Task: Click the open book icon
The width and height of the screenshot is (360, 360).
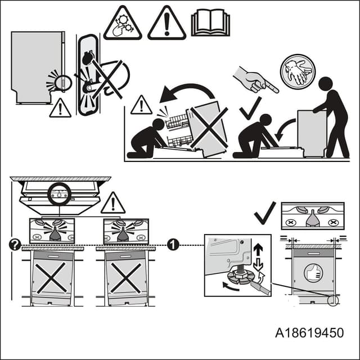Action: click(x=210, y=24)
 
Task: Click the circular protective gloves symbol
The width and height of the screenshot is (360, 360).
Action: click(x=298, y=71)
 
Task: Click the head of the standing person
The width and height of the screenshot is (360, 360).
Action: click(x=326, y=85)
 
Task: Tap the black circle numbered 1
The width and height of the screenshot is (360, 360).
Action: click(x=174, y=244)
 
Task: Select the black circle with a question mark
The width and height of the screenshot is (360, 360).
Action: click(x=15, y=244)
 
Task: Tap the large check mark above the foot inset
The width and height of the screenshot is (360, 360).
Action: click(x=264, y=212)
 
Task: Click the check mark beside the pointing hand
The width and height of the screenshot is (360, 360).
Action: click(x=250, y=108)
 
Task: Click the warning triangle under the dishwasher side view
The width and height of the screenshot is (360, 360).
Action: click(x=60, y=108)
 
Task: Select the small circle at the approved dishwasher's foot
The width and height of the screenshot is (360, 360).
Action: click(x=333, y=300)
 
